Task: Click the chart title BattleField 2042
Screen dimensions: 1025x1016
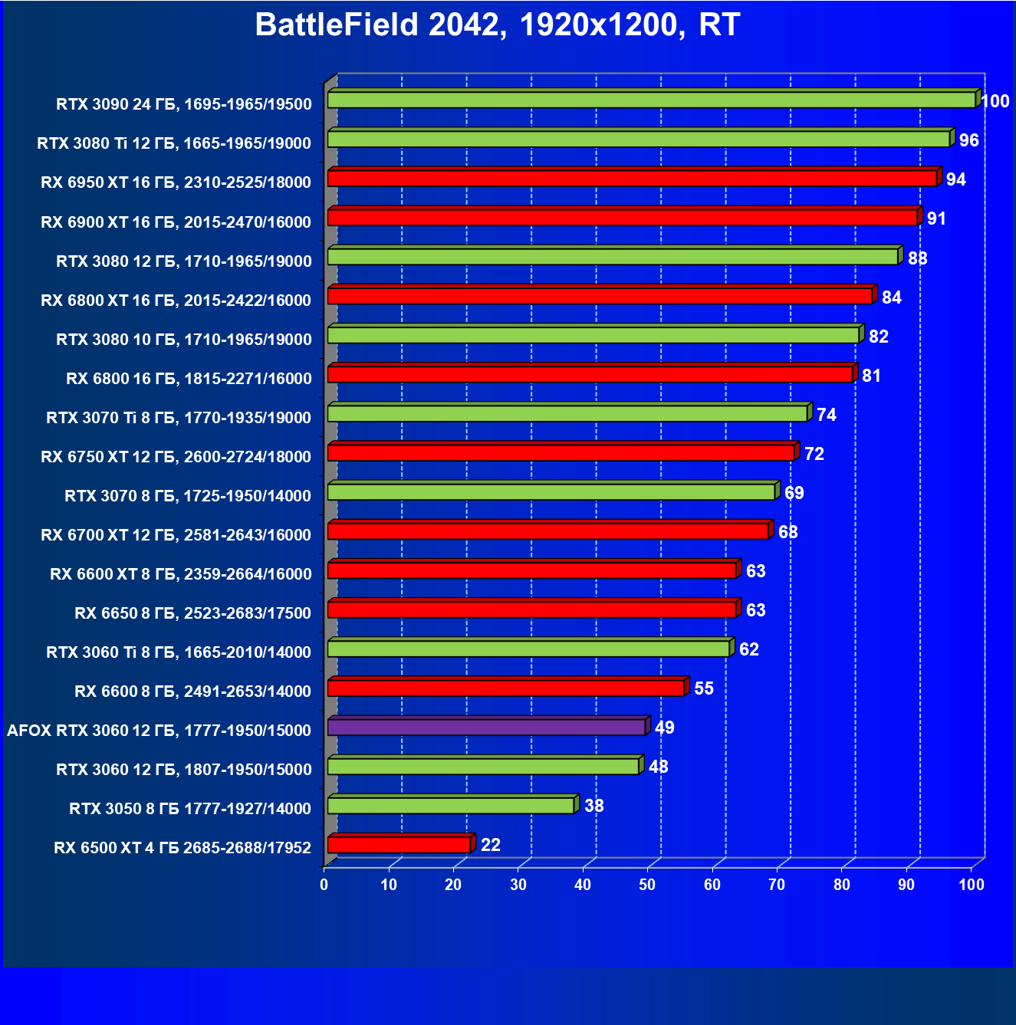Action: coord(497,25)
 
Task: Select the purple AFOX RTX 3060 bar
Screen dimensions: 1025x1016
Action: coord(486,727)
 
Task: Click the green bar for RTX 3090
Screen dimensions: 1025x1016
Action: coord(651,100)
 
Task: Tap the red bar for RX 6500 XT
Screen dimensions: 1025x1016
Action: coord(399,845)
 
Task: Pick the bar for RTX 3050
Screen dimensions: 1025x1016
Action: coord(451,806)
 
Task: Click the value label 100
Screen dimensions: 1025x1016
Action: coord(995,101)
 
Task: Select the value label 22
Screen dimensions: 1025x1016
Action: coord(490,845)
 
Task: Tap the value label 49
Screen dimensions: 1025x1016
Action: coord(664,728)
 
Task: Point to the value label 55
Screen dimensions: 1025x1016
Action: coord(703,688)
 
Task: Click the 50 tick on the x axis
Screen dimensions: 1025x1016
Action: coord(647,885)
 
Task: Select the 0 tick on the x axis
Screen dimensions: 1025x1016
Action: coord(324,885)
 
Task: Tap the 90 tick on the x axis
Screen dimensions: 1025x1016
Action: coord(906,885)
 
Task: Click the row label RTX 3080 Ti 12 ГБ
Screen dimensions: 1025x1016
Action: coord(174,143)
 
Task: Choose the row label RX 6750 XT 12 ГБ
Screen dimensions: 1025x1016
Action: coord(176,457)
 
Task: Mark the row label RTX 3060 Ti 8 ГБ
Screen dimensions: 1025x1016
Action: coord(179,652)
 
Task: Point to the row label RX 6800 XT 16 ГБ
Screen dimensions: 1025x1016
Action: coord(176,301)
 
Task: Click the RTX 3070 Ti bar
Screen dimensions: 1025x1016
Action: coord(567,413)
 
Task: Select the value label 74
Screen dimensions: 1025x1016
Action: coord(826,415)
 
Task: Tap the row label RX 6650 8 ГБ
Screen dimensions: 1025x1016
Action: coord(192,613)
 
